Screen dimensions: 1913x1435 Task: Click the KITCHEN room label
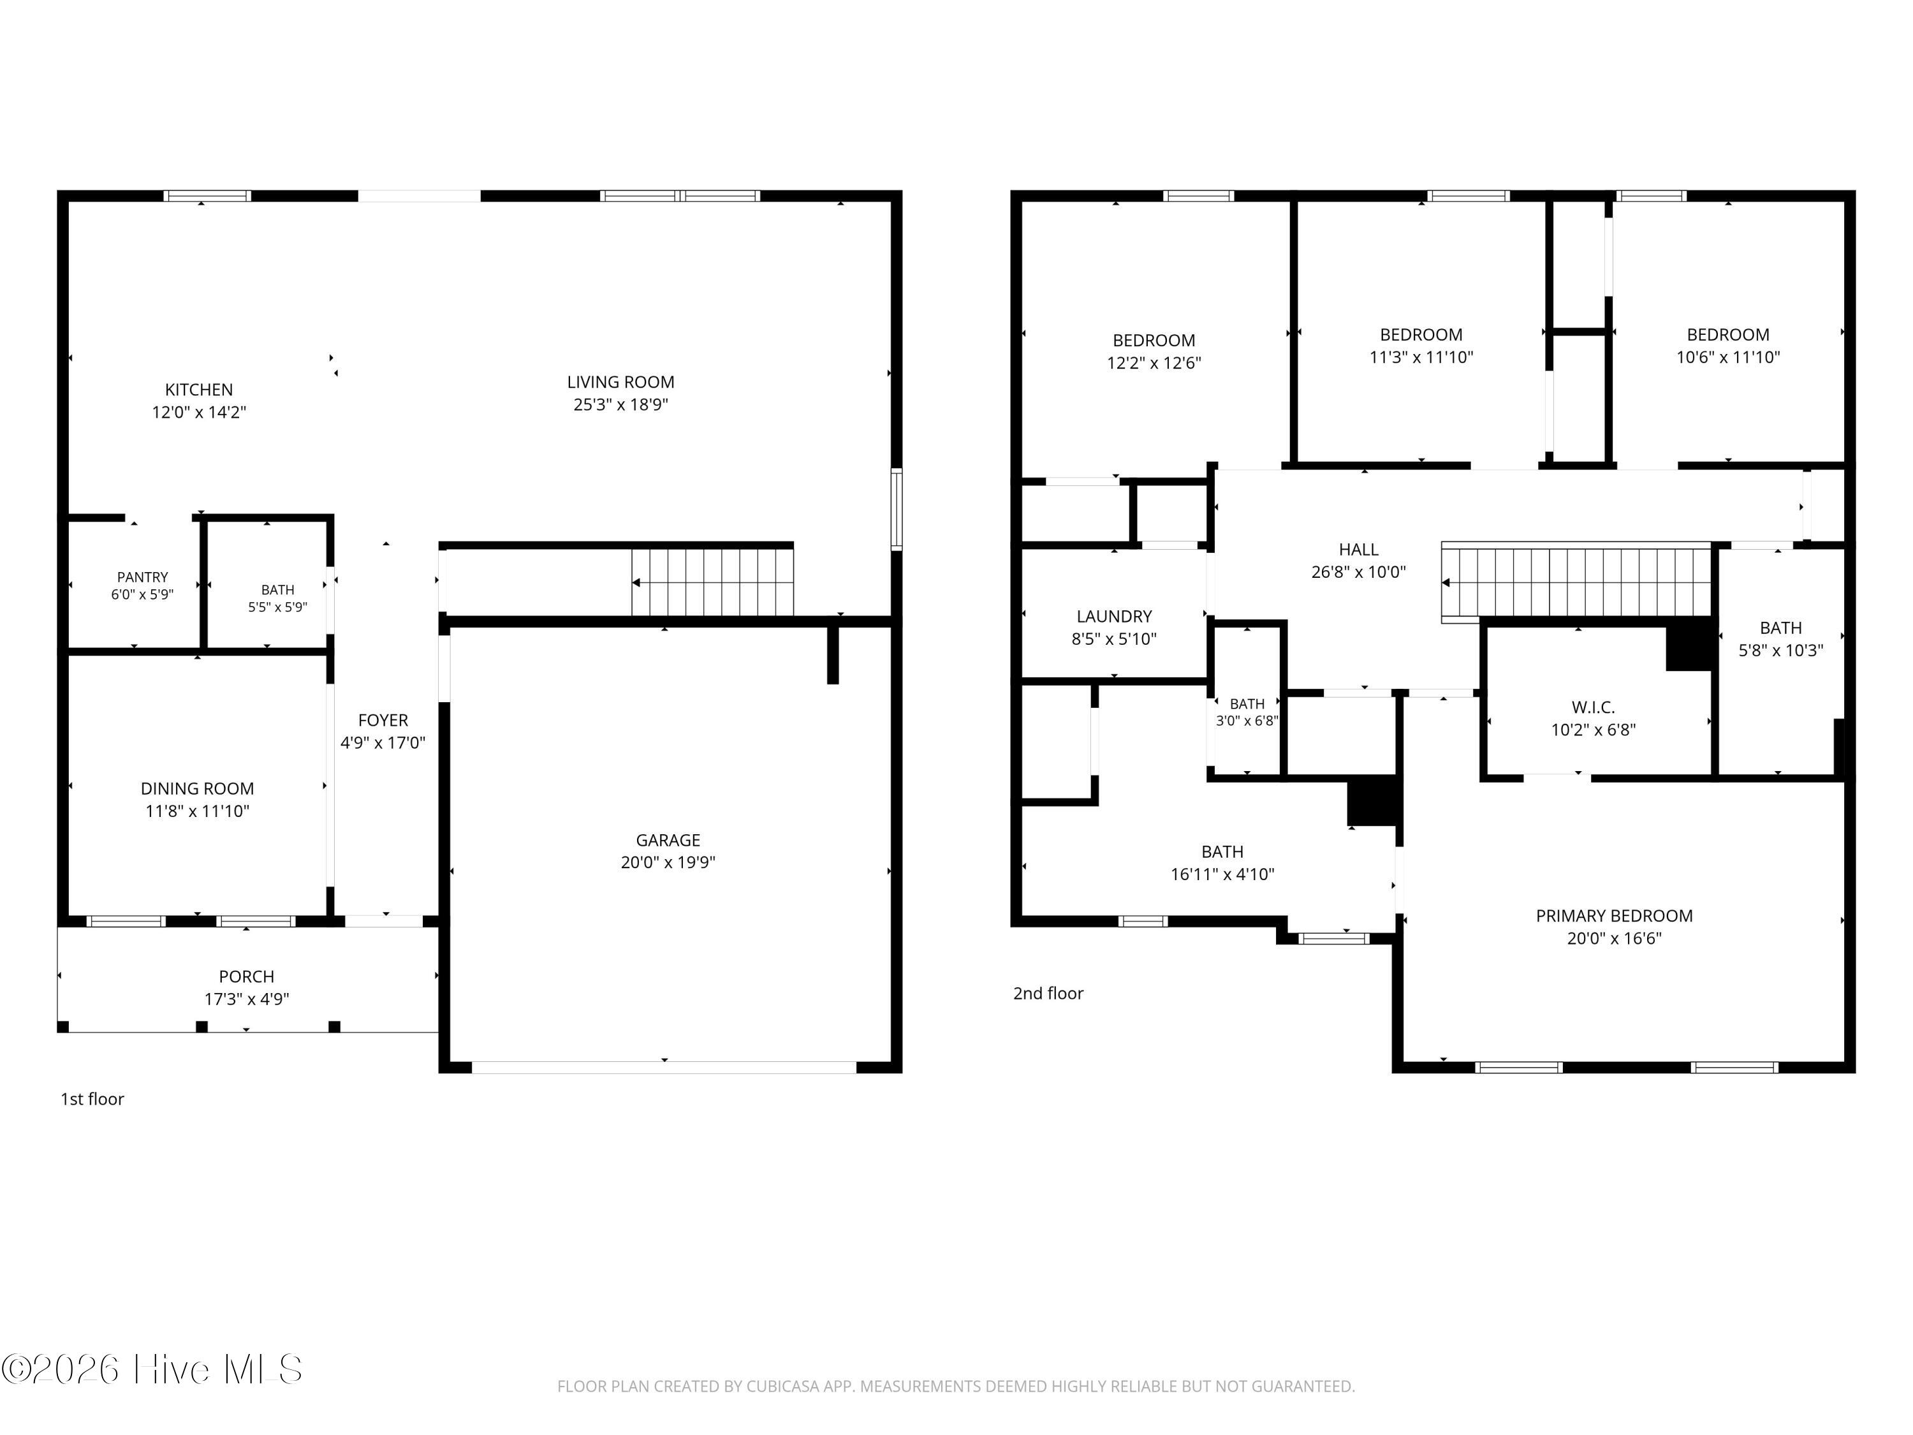pyautogui.click(x=199, y=390)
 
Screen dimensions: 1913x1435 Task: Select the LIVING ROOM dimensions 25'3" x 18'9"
pyautogui.click(x=621, y=405)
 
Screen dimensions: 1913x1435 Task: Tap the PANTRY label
pyautogui.click(x=143, y=577)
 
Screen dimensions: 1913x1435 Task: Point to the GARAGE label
pyautogui.click(x=668, y=840)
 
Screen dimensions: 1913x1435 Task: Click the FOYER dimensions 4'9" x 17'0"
pyautogui.click(x=383, y=743)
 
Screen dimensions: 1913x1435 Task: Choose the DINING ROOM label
pyautogui.click(x=197, y=789)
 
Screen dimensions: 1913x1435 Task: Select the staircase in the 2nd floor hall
pyautogui.click(x=1576, y=582)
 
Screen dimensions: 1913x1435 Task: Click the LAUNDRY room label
pyautogui.click(x=1114, y=617)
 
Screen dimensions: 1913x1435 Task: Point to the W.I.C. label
pyautogui.click(x=1593, y=707)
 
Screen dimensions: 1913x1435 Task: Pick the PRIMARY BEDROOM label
pyautogui.click(x=1614, y=916)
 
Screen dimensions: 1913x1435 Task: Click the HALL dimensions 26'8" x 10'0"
pyautogui.click(x=1359, y=571)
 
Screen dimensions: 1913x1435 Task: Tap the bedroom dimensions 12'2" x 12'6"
pyautogui.click(x=1154, y=364)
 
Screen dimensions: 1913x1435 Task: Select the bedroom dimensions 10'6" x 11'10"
pyautogui.click(x=1728, y=357)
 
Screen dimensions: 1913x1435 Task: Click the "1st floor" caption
pyautogui.click(x=92, y=1100)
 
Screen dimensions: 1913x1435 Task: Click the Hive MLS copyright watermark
pyautogui.click(x=152, y=1369)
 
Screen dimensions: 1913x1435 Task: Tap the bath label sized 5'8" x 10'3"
pyautogui.click(x=1780, y=628)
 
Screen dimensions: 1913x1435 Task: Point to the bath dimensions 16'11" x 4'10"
pyautogui.click(x=1222, y=874)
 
